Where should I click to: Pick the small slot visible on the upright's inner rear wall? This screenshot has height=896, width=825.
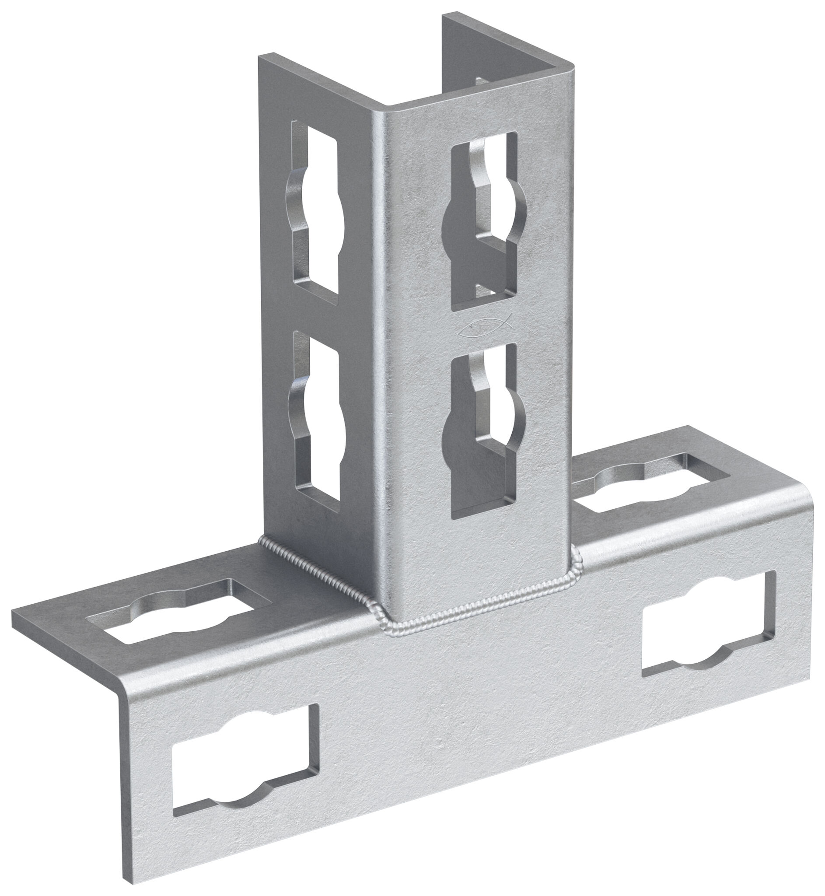(480, 81)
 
